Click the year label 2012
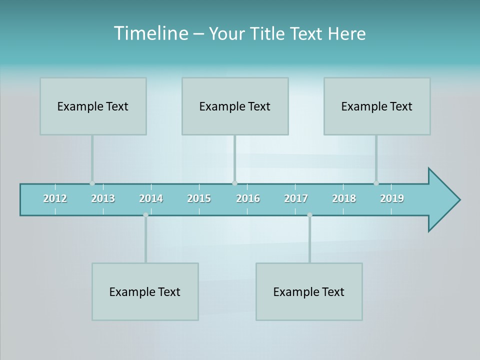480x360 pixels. [x=55, y=198]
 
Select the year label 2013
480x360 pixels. [x=103, y=198]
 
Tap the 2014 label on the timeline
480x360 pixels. [x=151, y=198]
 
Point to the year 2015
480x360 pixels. [x=199, y=198]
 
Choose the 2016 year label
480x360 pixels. [x=248, y=198]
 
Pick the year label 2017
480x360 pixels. [x=296, y=198]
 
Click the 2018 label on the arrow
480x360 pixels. [x=344, y=198]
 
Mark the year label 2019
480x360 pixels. [x=392, y=198]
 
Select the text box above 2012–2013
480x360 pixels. [x=93, y=106]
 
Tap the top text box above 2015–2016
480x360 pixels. [x=235, y=106]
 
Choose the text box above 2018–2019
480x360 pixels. [x=377, y=106]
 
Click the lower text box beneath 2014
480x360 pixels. [x=145, y=291]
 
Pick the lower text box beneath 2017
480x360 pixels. [x=309, y=291]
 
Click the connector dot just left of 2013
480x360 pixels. [x=92, y=183]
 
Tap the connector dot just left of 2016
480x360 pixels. [x=234, y=183]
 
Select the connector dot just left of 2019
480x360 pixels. [x=376, y=183]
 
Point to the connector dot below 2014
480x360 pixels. [x=145, y=215]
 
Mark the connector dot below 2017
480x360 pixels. [x=309, y=215]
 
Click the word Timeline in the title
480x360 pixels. [x=150, y=33]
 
